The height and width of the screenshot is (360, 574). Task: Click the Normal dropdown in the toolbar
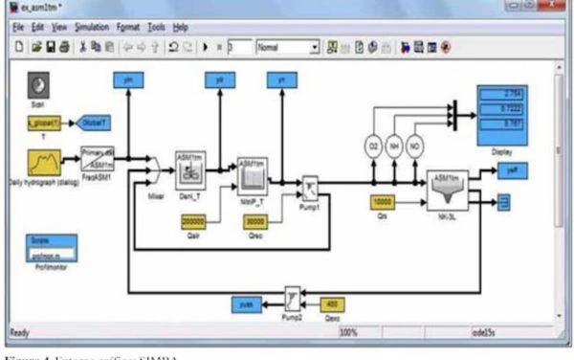[286, 45]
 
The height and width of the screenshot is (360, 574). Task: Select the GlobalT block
[94, 124]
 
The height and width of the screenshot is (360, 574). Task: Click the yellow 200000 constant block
[194, 221]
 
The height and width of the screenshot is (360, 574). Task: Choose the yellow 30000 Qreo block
[254, 221]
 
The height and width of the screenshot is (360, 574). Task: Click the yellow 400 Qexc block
[331, 304]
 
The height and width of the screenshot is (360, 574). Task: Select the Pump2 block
[293, 295]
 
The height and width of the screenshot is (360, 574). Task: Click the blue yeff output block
[508, 169]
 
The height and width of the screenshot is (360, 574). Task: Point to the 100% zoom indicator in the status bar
[349, 332]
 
